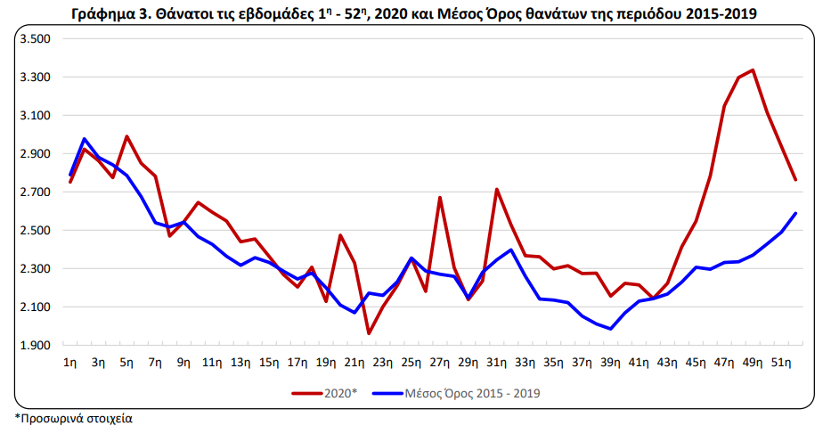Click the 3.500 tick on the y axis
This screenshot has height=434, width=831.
coord(35,38)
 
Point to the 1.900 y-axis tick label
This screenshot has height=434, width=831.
coord(35,346)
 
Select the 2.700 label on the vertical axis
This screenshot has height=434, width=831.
coord(35,192)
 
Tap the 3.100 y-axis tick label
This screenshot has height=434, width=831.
coord(35,115)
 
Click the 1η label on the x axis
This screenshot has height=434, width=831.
coord(69,363)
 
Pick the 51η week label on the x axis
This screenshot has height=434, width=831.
coord(780,363)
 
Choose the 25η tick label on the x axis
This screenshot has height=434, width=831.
coord(411,363)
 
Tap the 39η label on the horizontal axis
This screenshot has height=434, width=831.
coord(610,363)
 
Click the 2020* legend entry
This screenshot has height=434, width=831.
coord(325,393)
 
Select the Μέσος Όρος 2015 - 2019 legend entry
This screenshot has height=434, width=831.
coord(456,393)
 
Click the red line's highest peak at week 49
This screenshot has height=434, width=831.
coord(753,70)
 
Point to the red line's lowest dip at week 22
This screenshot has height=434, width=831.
coord(369,333)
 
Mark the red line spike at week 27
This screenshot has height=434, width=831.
coord(440,198)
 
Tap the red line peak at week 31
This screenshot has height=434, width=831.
coord(497,190)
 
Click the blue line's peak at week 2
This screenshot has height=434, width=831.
coord(85,139)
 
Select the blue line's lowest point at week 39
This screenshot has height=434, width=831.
coord(610,329)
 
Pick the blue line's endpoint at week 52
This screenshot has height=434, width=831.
coord(795,213)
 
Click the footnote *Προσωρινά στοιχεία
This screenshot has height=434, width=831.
coord(74,418)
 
